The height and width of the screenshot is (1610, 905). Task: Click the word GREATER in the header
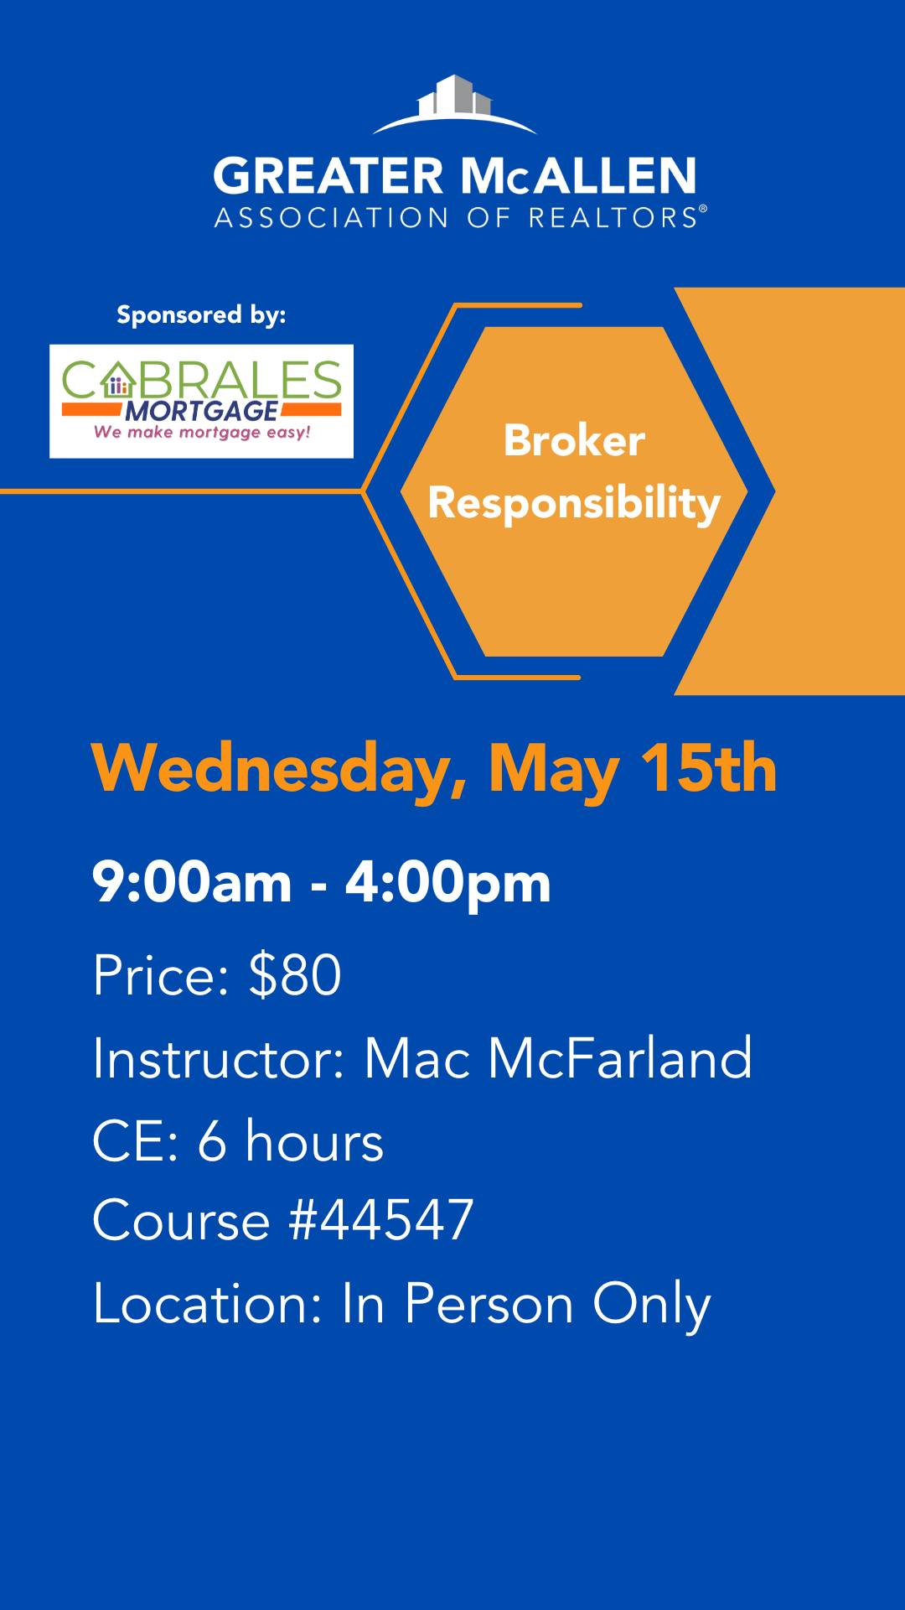pos(328,176)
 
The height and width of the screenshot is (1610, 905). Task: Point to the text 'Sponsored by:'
pos(201,315)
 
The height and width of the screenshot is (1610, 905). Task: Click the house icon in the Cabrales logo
pos(118,381)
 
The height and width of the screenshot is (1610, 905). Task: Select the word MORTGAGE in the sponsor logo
pos(202,411)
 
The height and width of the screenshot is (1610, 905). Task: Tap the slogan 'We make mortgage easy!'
pos(202,433)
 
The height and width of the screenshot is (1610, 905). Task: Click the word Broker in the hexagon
pos(574,440)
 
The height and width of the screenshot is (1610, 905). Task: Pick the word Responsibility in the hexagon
pos(574,503)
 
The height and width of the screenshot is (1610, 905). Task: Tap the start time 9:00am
pos(192,882)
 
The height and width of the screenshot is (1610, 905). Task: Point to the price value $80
pos(295,974)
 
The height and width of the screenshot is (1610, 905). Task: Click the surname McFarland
pos(620,1057)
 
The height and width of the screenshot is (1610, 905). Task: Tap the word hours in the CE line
pos(314,1141)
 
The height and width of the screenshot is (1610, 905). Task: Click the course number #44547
pos(381,1220)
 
